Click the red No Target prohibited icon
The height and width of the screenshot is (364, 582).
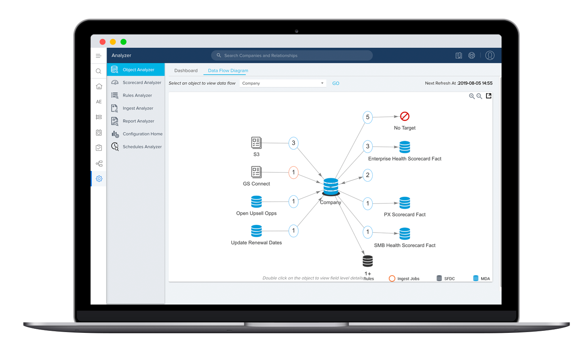(x=405, y=116)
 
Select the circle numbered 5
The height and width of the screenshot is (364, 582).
(x=367, y=117)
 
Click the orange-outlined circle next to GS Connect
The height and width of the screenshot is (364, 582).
(x=293, y=172)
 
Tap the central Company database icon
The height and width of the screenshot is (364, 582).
(x=331, y=186)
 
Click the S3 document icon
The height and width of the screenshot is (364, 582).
(x=256, y=143)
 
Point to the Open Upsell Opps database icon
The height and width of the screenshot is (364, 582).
(x=256, y=201)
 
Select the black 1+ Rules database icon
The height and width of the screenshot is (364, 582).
(x=368, y=261)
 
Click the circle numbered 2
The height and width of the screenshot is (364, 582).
(x=367, y=175)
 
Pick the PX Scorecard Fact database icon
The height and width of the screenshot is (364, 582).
(x=405, y=203)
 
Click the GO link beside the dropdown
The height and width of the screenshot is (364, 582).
(x=336, y=83)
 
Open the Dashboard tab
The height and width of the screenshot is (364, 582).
(x=186, y=70)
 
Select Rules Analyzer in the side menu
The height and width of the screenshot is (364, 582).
(x=137, y=95)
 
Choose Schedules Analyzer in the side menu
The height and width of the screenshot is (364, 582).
(x=142, y=147)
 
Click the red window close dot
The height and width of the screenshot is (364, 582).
(x=102, y=42)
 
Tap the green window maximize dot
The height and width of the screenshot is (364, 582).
(x=123, y=42)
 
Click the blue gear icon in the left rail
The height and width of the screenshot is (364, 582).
(x=99, y=179)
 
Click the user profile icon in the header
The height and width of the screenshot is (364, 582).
(x=490, y=55)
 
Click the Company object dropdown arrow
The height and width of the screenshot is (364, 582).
(x=322, y=83)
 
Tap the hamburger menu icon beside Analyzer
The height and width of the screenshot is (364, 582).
(x=99, y=56)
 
